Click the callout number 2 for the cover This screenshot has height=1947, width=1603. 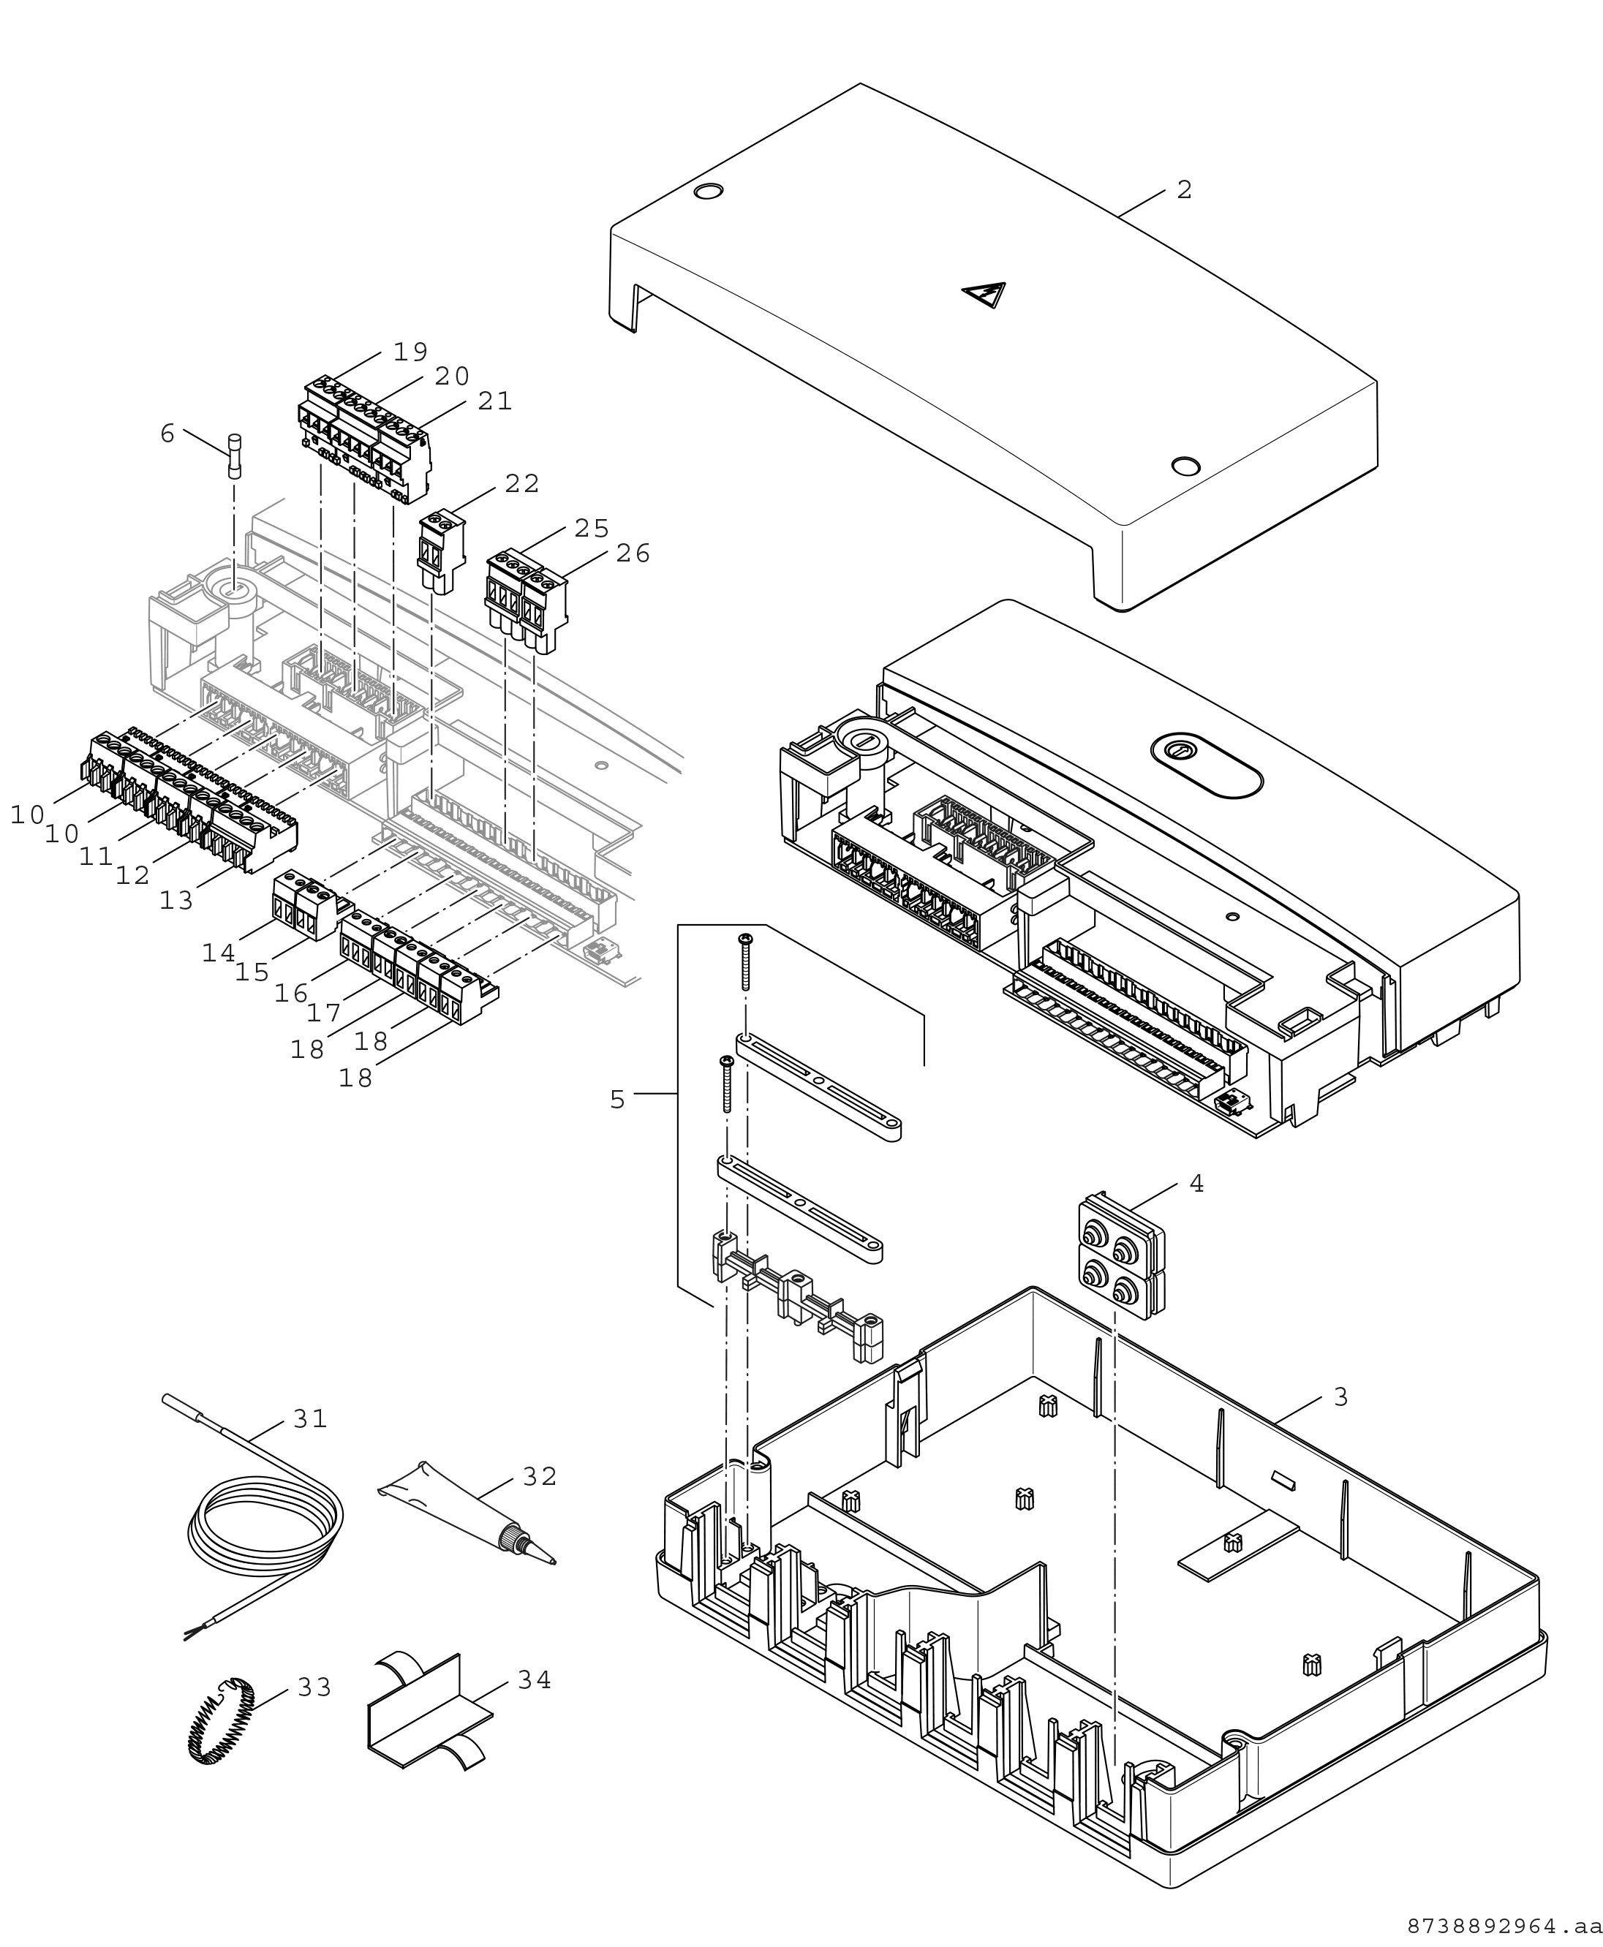click(x=1185, y=190)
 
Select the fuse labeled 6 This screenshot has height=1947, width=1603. click(x=235, y=456)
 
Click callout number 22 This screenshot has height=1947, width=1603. click(x=521, y=484)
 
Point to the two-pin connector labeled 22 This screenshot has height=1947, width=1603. click(x=442, y=552)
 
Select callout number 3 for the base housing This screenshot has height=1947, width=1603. click(x=1340, y=1398)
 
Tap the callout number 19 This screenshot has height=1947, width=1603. click(x=411, y=352)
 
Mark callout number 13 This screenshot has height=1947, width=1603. click(x=176, y=901)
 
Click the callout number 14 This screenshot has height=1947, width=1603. click(x=219, y=953)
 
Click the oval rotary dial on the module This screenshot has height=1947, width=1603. click(x=1206, y=765)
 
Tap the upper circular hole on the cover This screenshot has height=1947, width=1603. click(x=708, y=192)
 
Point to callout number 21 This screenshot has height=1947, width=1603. click(x=495, y=401)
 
